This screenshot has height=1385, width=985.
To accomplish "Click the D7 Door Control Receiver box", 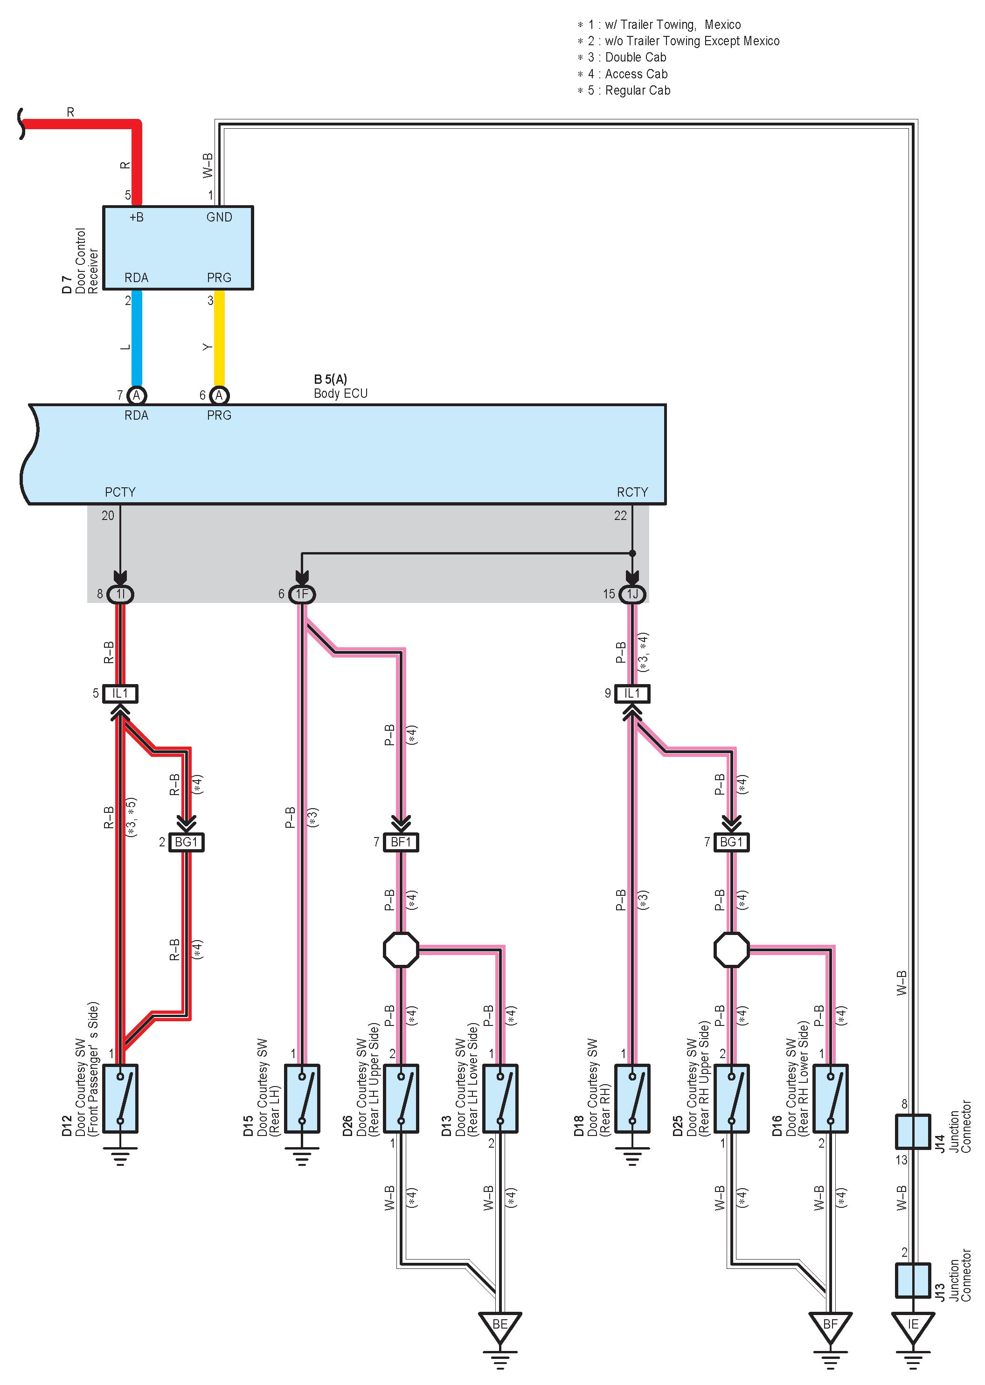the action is click(x=178, y=248).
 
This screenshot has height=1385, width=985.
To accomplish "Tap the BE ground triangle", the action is click(x=500, y=1326).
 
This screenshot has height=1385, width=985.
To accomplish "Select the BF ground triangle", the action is click(x=830, y=1326).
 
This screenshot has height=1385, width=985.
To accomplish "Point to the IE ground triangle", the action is click(x=913, y=1326).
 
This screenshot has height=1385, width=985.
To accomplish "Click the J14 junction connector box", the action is click(x=913, y=1131).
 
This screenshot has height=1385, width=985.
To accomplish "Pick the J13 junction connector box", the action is click(x=913, y=1280).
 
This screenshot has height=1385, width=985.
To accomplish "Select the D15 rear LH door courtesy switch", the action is click(x=302, y=1098).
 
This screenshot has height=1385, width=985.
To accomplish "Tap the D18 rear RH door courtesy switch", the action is click(x=632, y=1098).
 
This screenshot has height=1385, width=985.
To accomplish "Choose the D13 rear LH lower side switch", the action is click(x=500, y=1098).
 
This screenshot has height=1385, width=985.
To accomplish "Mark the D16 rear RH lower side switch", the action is click(x=830, y=1098).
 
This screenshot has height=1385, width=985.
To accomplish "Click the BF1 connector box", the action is click(x=401, y=842).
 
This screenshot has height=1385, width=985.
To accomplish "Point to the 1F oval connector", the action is click(x=302, y=594).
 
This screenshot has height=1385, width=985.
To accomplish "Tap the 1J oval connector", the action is click(x=632, y=594).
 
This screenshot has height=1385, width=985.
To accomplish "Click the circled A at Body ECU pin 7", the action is click(x=137, y=395).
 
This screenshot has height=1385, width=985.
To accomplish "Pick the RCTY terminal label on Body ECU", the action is click(x=632, y=492).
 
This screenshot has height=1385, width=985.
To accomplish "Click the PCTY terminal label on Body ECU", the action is click(x=120, y=492).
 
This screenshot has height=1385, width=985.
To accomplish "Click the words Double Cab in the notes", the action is click(x=636, y=57).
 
